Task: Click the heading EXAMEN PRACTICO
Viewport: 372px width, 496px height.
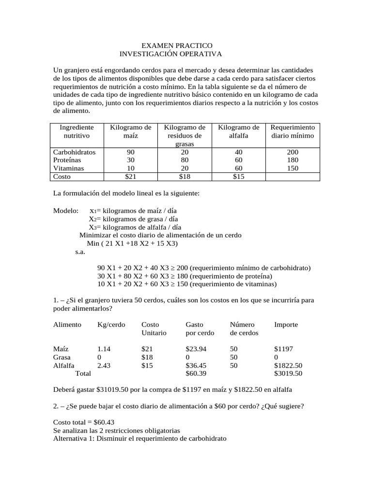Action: (x=173, y=45)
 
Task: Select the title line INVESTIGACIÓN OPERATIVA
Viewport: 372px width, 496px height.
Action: (x=170, y=54)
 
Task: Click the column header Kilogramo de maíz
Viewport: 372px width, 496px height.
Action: (x=131, y=131)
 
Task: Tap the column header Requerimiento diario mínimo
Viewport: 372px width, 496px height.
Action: (x=293, y=131)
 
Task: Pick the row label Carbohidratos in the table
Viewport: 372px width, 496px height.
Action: (x=75, y=152)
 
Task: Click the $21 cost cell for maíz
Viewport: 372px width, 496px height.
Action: (x=131, y=177)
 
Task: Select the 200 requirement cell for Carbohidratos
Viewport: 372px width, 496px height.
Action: (x=293, y=152)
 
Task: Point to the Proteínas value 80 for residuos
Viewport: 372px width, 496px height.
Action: (x=185, y=160)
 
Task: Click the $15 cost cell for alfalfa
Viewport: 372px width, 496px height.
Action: (x=239, y=177)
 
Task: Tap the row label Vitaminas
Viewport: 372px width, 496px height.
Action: (x=69, y=168)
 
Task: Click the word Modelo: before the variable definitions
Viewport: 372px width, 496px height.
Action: (x=65, y=211)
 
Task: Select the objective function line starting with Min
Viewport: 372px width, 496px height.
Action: (x=132, y=243)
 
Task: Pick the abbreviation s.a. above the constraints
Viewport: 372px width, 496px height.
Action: (x=81, y=252)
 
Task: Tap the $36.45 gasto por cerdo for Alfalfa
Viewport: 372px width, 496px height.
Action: (x=196, y=365)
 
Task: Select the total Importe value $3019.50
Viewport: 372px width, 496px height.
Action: (x=288, y=373)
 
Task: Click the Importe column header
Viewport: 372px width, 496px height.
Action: (x=286, y=324)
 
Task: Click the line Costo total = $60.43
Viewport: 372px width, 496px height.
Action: (x=84, y=422)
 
